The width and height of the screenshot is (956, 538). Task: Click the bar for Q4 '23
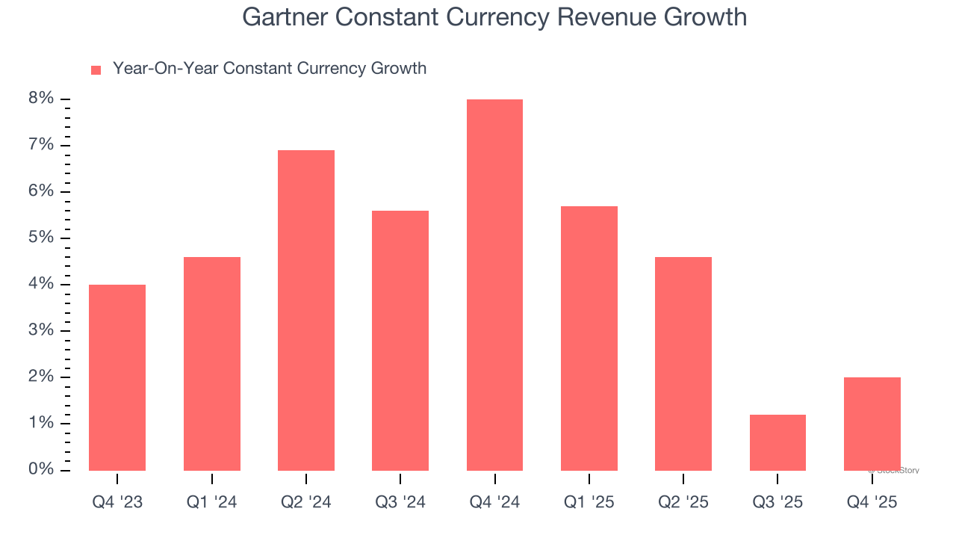point(117,377)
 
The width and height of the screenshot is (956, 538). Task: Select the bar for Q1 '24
point(212,364)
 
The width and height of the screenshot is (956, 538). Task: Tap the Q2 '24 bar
point(306,310)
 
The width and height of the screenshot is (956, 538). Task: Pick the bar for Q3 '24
point(400,341)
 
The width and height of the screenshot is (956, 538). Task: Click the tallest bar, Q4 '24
point(494,285)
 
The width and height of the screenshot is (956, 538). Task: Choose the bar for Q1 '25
point(589,338)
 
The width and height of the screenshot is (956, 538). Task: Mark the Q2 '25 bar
point(683,364)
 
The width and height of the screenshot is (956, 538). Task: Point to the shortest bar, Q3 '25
point(777,442)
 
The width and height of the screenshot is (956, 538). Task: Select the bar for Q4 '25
point(872,424)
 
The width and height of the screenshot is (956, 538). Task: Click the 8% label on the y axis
point(42,99)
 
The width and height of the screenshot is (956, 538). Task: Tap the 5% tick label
point(42,238)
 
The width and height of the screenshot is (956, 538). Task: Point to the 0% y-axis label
point(42,469)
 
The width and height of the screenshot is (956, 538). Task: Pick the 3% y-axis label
point(42,330)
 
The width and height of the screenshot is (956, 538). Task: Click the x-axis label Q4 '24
point(494,502)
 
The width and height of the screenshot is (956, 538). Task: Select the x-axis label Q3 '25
point(777,502)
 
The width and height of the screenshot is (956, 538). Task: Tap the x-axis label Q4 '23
point(117,502)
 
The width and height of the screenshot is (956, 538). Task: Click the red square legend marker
point(96,70)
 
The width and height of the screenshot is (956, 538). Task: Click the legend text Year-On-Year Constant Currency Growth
point(270,69)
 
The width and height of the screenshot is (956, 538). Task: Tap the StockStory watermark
point(894,471)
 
